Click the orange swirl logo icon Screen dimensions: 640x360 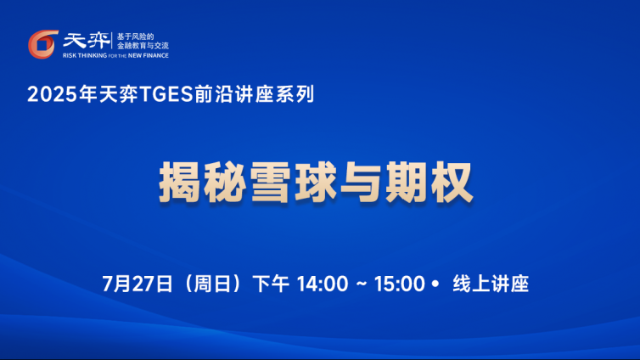click(x=42, y=44)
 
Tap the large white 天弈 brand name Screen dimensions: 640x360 click(x=86, y=41)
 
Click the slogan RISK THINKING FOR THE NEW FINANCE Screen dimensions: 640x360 click(x=115, y=55)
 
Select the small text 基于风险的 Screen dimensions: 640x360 click(x=136, y=37)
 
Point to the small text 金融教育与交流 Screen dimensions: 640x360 click(x=143, y=46)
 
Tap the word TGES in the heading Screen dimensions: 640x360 click(x=166, y=94)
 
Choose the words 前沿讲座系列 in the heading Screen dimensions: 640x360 click(x=254, y=94)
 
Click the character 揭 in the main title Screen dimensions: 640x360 click(x=181, y=183)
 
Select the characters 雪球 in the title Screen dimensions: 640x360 click(x=294, y=183)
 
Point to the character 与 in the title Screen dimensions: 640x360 click(x=362, y=183)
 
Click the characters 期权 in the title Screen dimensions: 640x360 click(x=429, y=183)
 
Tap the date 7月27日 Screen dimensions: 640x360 click(x=138, y=284)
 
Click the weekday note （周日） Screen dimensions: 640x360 click(x=213, y=284)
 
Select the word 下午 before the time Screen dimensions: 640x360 click(x=271, y=284)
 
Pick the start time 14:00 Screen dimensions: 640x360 click(x=323, y=284)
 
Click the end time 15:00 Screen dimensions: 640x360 click(x=400, y=284)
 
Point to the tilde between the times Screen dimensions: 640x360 click(x=362, y=284)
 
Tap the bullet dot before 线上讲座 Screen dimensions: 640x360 click(x=435, y=284)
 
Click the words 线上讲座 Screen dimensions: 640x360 click(x=491, y=284)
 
